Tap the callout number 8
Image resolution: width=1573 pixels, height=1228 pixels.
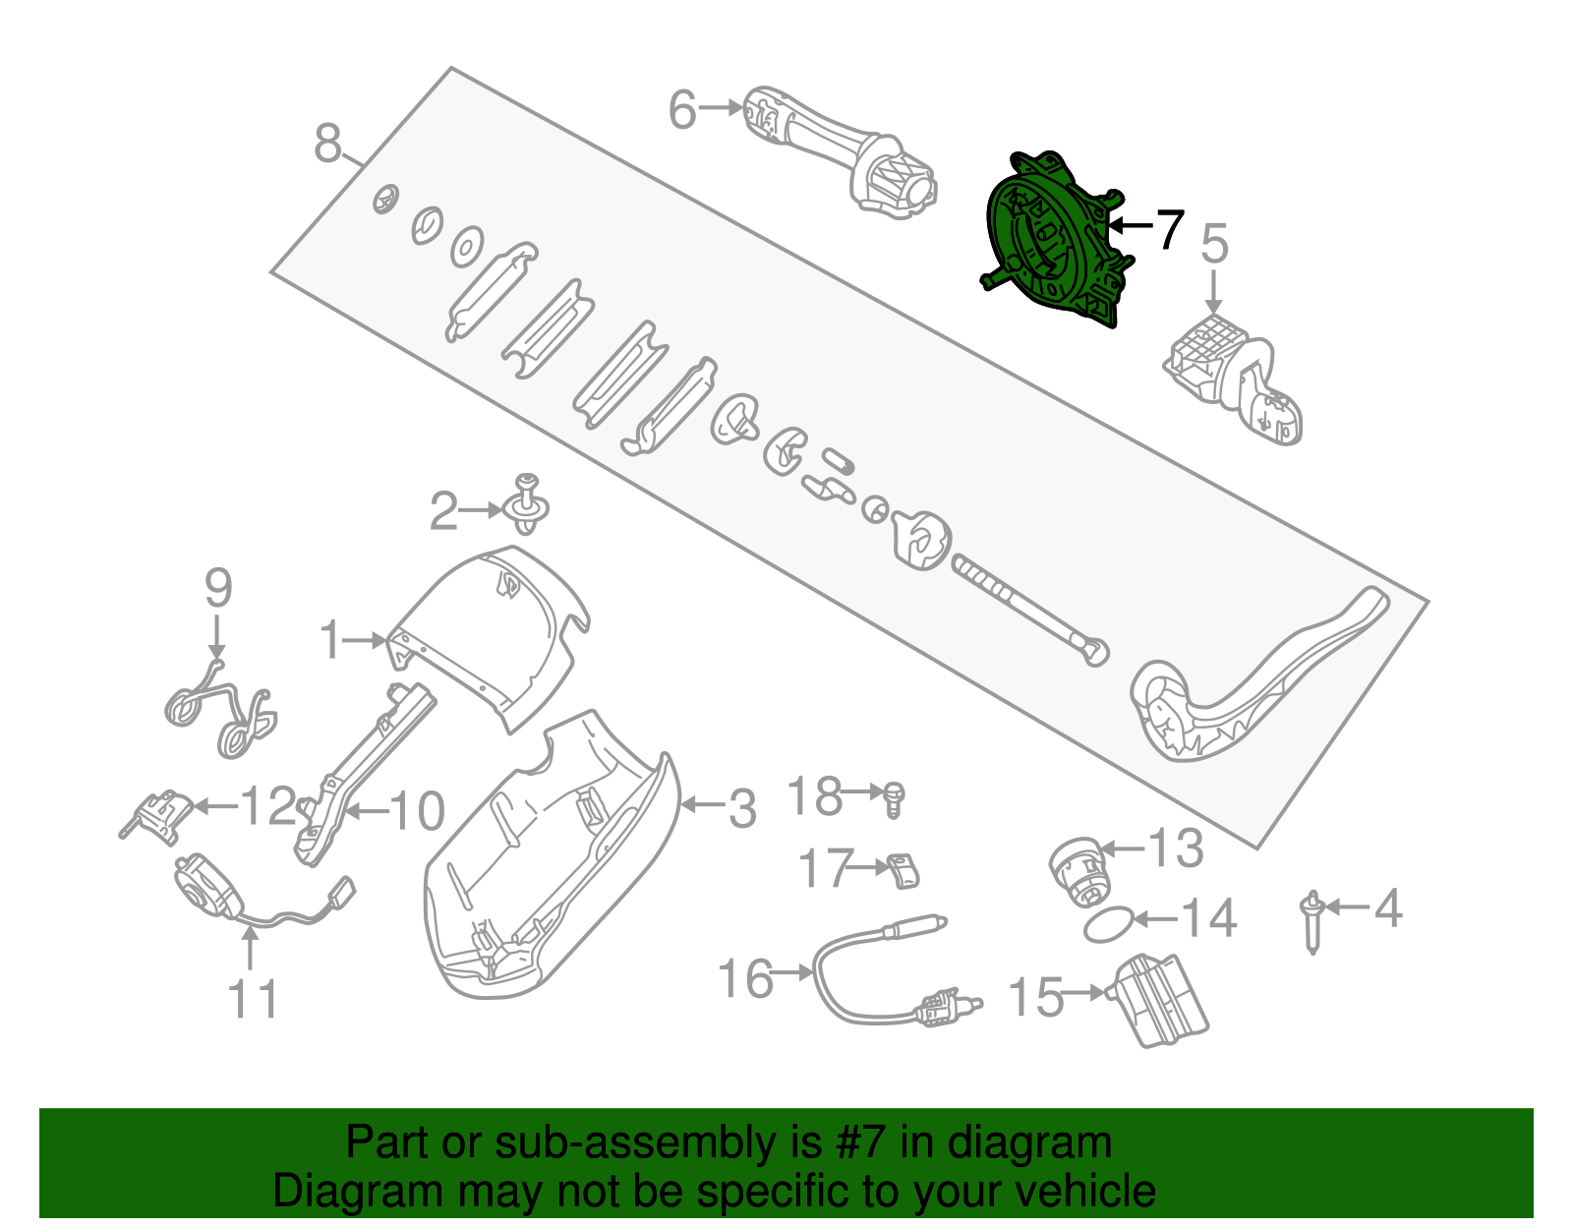pyautogui.click(x=327, y=144)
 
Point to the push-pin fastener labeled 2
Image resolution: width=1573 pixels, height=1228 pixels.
pyautogui.click(x=528, y=504)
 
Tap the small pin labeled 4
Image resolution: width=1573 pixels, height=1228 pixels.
pyautogui.click(x=1311, y=919)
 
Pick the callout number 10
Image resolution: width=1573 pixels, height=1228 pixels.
pyautogui.click(x=417, y=811)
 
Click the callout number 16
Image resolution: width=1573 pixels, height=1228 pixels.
pyautogui.click(x=746, y=978)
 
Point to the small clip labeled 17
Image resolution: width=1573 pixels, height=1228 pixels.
pyautogui.click(x=903, y=870)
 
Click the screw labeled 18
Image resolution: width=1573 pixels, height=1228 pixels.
pyautogui.click(x=894, y=798)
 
